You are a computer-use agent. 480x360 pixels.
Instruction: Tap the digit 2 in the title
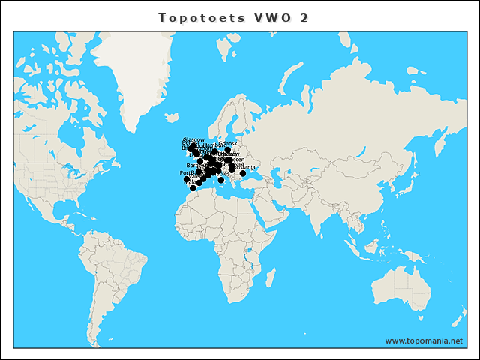click(304, 17)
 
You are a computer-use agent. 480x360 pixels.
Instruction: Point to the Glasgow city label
click(193, 139)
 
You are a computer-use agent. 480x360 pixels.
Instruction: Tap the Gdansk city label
click(228, 142)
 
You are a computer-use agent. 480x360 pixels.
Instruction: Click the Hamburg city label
click(214, 144)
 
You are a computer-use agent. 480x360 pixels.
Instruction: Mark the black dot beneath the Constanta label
click(243, 174)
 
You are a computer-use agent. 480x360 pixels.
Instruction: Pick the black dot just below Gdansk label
click(228, 150)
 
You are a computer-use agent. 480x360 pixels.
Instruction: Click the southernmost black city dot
click(193, 188)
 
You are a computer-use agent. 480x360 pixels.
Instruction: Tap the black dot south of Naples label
click(221, 180)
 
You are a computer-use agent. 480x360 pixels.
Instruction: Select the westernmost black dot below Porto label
click(187, 179)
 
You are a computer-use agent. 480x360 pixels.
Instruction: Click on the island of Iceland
click(172, 118)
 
